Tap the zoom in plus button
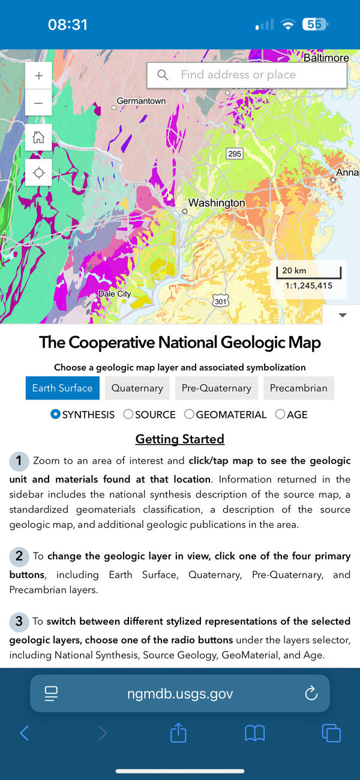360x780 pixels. coord(39,76)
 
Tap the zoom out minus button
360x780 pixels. coord(39,103)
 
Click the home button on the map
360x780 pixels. coord(39,137)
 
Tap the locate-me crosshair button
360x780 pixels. coord(39,173)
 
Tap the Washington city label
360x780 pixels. coord(217,203)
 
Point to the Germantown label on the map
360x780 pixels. coord(141,101)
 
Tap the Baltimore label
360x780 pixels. coord(326,58)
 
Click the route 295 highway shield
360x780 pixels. coord(235,154)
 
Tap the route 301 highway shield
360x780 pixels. coord(221,301)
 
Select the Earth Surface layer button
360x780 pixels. coord(62,388)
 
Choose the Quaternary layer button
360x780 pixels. coord(137,388)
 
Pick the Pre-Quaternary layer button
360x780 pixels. coord(216,388)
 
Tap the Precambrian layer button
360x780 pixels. coord(298,388)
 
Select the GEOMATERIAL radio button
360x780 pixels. coord(190,415)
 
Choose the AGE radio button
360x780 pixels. coord(280,415)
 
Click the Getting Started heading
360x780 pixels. coord(180,439)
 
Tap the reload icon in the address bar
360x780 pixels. coord(311,694)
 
